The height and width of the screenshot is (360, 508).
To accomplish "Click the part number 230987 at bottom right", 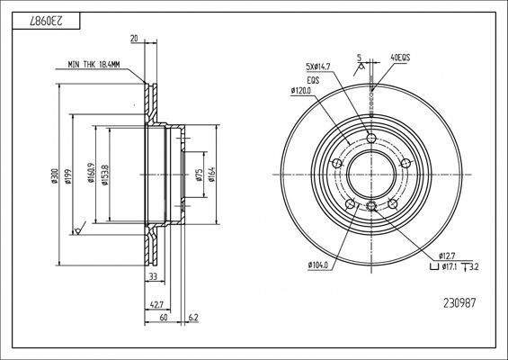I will pyautogui.click(x=461, y=302).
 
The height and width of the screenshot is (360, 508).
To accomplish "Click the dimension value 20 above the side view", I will pyautogui.click(x=133, y=39).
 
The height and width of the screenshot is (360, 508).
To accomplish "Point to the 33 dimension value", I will pyautogui.click(x=152, y=274).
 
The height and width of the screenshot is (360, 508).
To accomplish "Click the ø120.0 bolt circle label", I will pyautogui.click(x=300, y=91).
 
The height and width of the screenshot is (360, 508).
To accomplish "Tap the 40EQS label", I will pyautogui.click(x=399, y=60).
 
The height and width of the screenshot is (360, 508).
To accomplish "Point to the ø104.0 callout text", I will pyautogui.click(x=318, y=264).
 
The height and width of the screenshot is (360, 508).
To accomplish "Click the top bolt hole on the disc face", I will pyautogui.click(x=370, y=138).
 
